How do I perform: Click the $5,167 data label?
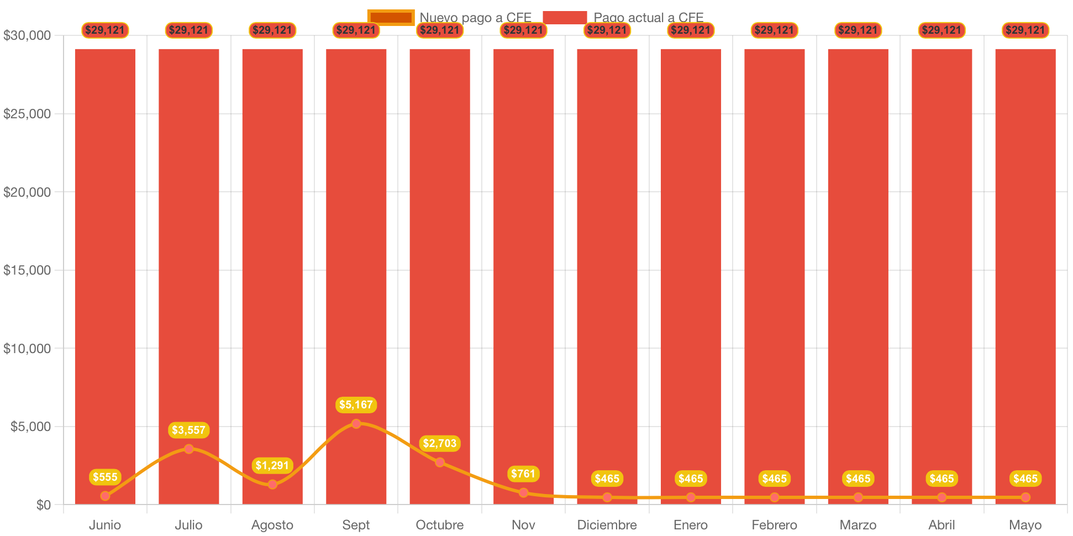tap(356, 405)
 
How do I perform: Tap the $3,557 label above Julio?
tap(188, 430)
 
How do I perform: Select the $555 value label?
tap(105, 477)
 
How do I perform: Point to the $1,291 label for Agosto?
tap(272, 466)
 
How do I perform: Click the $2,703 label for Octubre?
tap(440, 444)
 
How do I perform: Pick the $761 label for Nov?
tap(523, 474)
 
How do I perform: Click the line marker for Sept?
tap(356, 424)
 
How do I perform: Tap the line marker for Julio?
tap(189, 449)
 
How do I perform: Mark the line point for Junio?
tap(105, 496)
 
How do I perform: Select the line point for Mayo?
tap(1025, 497)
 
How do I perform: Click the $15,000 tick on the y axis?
tap(27, 270)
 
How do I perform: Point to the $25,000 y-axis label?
tap(27, 114)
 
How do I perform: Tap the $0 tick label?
tap(43, 505)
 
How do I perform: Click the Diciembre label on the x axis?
tap(607, 525)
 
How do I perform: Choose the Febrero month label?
tap(774, 525)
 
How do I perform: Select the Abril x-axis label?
tap(941, 525)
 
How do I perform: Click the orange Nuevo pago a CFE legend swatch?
tap(391, 18)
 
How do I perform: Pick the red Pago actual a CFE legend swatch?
tap(565, 18)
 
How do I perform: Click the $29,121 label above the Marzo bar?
tap(858, 30)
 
